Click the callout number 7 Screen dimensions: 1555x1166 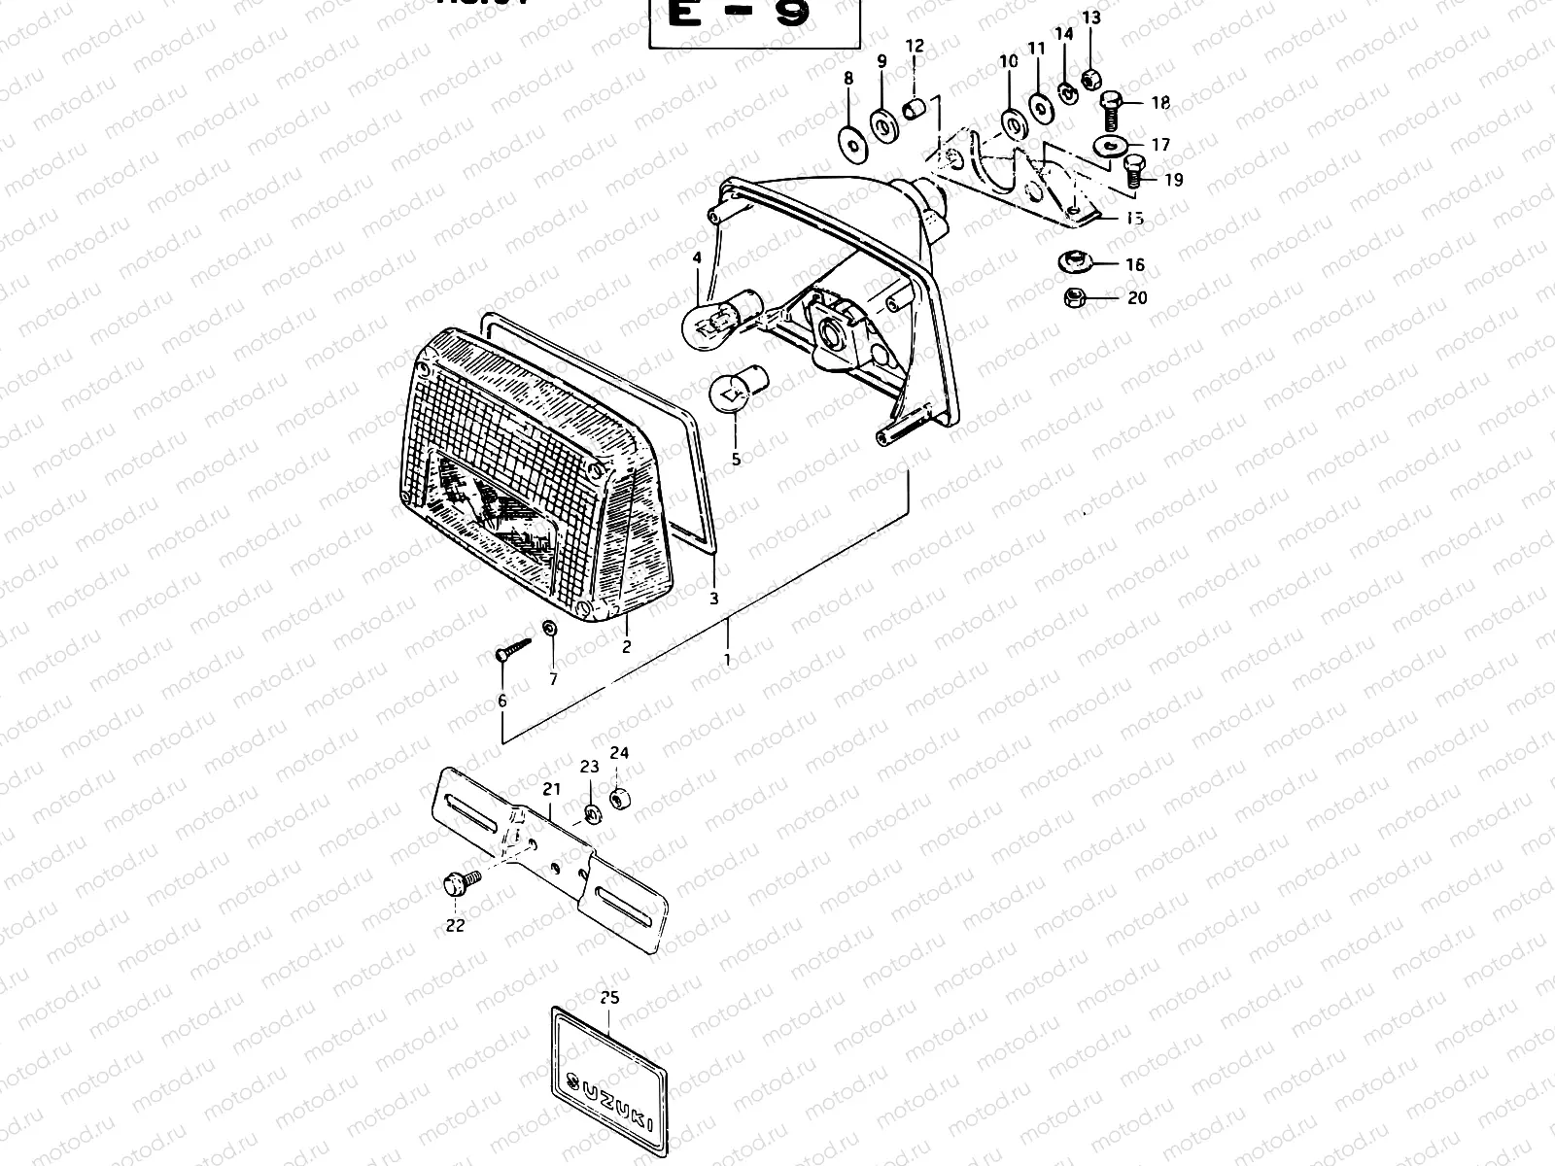tap(554, 680)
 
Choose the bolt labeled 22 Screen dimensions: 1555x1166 tap(455, 883)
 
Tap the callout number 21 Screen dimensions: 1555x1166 tap(552, 787)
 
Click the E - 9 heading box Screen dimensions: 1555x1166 tap(754, 19)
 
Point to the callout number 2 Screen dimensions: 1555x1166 tap(626, 645)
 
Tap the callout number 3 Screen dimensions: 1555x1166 tap(714, 600)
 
